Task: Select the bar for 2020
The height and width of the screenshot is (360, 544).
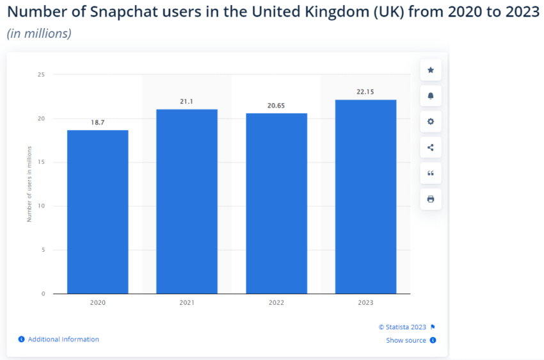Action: tap(97, 211)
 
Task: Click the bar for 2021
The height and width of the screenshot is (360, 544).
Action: tap(187, 201)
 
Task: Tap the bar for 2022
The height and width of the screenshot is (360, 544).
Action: tap(276, 203)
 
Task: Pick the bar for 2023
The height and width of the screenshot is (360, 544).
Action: tap(365, 197)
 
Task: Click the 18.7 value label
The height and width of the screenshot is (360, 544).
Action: tap(97, 122)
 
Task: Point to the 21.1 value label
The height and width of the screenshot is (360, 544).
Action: tap(187, 101)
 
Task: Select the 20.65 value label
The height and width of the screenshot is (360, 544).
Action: tap(276, 105)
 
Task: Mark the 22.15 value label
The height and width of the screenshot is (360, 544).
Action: tap(365, 92)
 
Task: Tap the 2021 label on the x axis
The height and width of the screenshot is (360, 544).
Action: tap(187, 303)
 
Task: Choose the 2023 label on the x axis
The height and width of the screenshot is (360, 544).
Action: tap(365, 303)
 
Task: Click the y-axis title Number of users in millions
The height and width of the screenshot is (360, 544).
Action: tap(29, 184)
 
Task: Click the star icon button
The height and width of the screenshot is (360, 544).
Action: tap(430, 70)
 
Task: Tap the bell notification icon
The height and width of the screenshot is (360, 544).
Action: tap(430, 96)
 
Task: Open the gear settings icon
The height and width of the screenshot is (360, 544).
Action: tap(430, 122)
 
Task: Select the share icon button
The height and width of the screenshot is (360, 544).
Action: tap(430, 148)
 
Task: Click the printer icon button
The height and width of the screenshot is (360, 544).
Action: tap(430, 199)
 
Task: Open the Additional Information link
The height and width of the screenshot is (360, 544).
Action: tap(63, 340)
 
